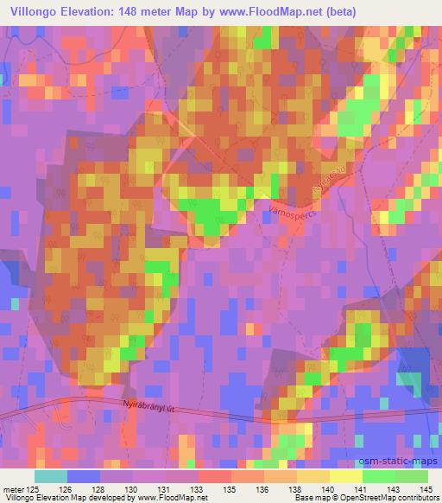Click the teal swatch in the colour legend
pos(50,476)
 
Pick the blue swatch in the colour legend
pos(83,476)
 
